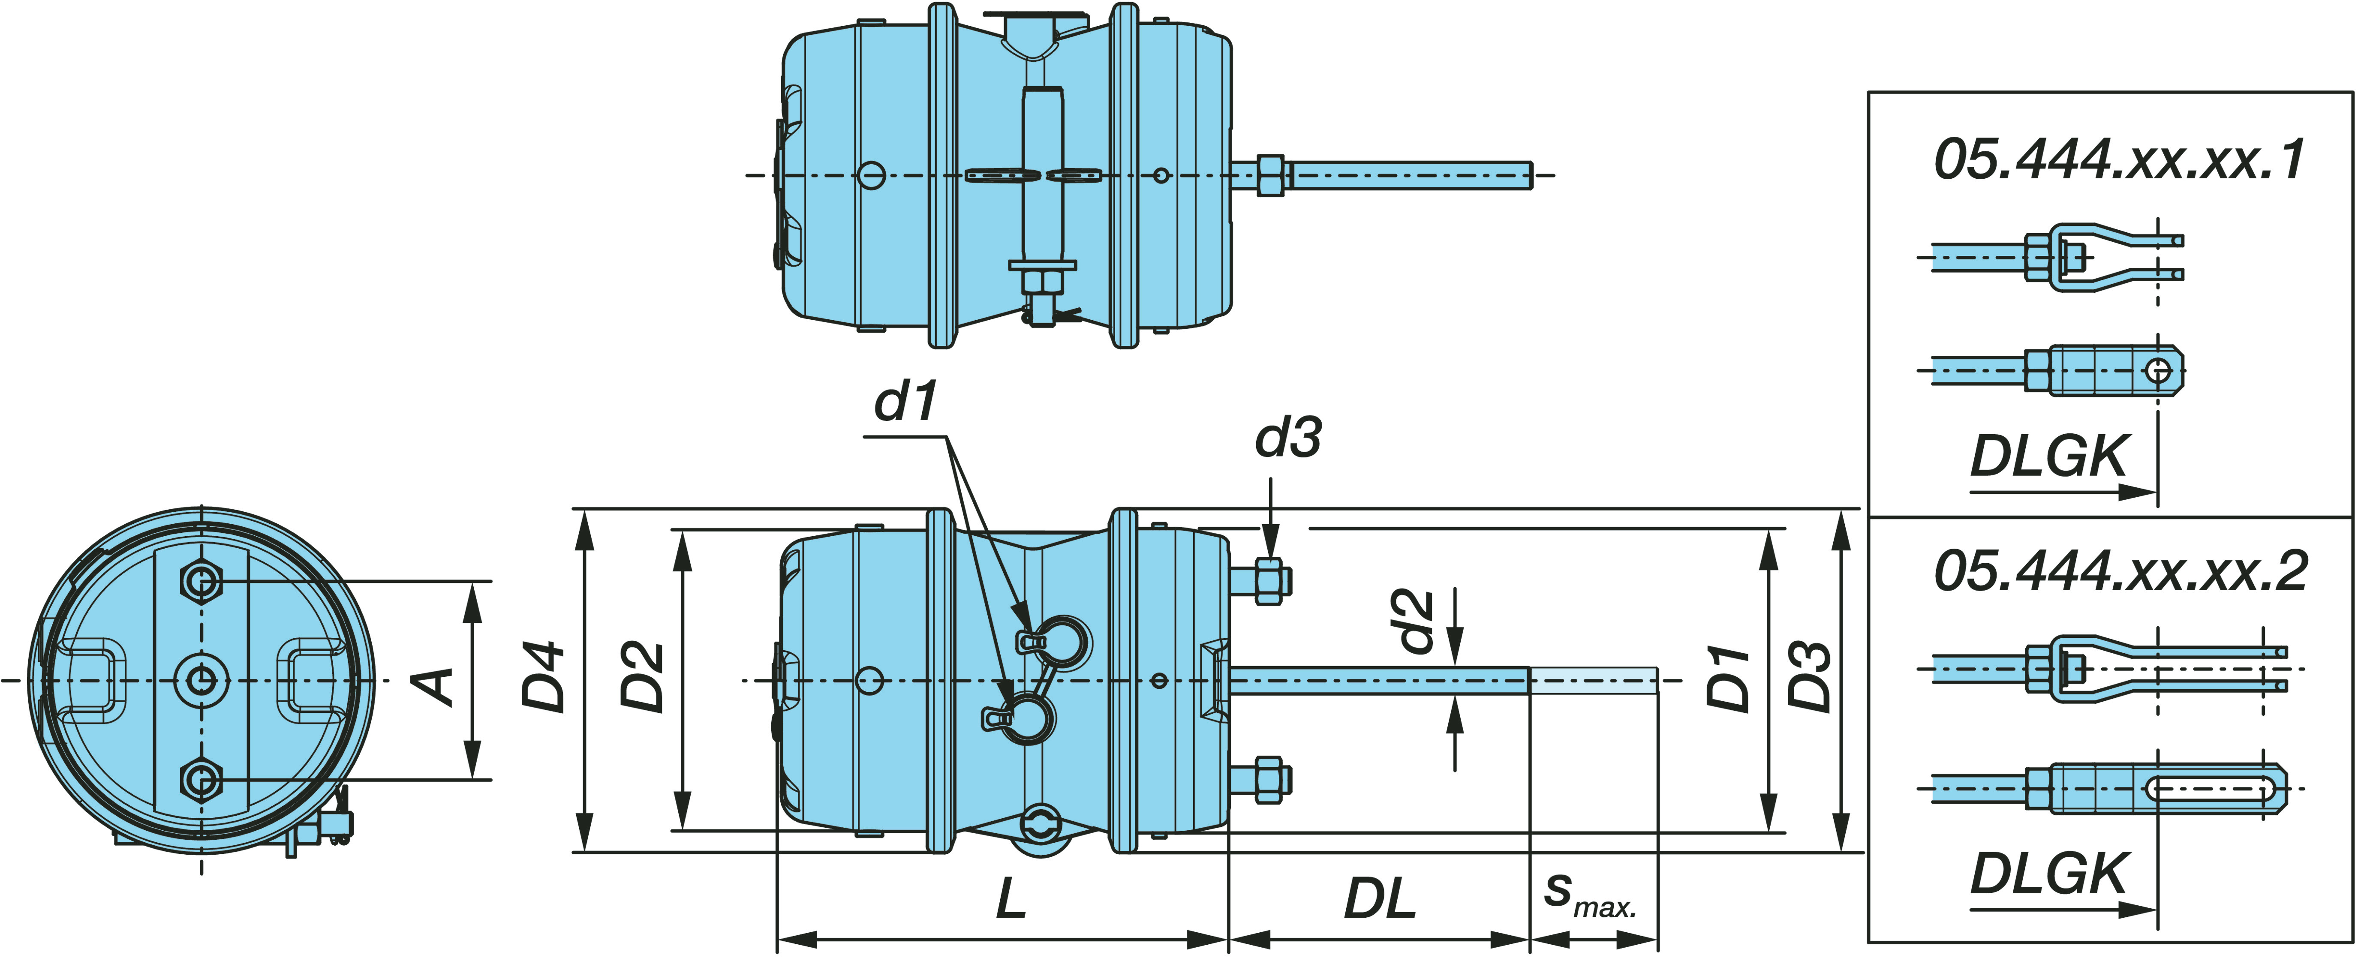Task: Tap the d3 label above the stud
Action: [1288, 438]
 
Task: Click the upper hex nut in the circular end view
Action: [202, 581]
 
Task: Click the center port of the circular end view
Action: [202, 680]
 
